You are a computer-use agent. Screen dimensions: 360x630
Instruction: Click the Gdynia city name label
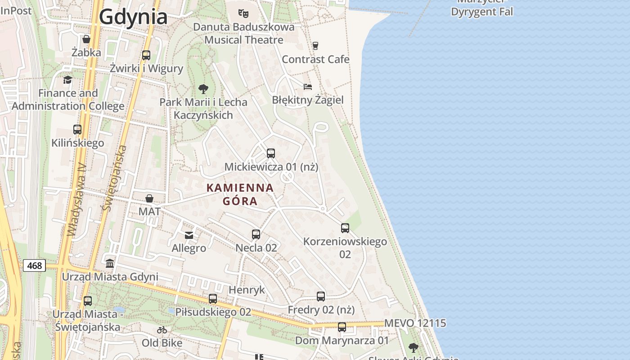(x=133, y=17)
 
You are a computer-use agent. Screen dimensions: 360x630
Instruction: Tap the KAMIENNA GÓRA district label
(x=240, y=194)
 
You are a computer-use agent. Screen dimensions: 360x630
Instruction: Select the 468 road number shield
(x=34, y=265)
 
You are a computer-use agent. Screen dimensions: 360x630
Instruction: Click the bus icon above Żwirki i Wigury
(x=146, y=55)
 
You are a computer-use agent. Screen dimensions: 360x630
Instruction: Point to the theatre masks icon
(x=243, y=13)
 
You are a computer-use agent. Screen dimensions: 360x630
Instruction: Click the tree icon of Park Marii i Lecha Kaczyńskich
(x=203, y=89)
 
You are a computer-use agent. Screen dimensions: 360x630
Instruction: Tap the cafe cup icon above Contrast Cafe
(x=315, y=45)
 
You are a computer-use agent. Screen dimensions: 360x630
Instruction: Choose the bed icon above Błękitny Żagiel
(x=308, y=86)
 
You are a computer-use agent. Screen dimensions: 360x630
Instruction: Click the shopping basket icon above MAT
(x=149, y=198)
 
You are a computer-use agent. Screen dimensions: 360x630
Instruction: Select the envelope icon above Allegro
(x=189, y=235)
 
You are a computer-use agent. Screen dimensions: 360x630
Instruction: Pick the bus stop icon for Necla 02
(x=256, y=234)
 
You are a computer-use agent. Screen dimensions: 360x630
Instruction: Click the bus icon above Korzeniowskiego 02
(x=345, y=228)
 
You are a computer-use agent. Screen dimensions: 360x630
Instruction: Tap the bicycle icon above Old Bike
(x=162, y=330)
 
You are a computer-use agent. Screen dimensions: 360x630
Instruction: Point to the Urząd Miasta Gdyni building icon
(x=110, y=263)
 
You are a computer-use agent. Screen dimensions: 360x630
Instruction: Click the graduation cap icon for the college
(x=67, y=80)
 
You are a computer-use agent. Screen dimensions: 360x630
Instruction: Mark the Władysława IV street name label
(x=76, y=199)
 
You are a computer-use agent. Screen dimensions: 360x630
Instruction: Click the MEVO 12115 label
(x=415, y=323)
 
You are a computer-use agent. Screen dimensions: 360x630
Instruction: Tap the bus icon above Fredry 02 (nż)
(x=321, y=297)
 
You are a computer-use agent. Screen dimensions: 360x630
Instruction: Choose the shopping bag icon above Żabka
(x=86, y=39)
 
